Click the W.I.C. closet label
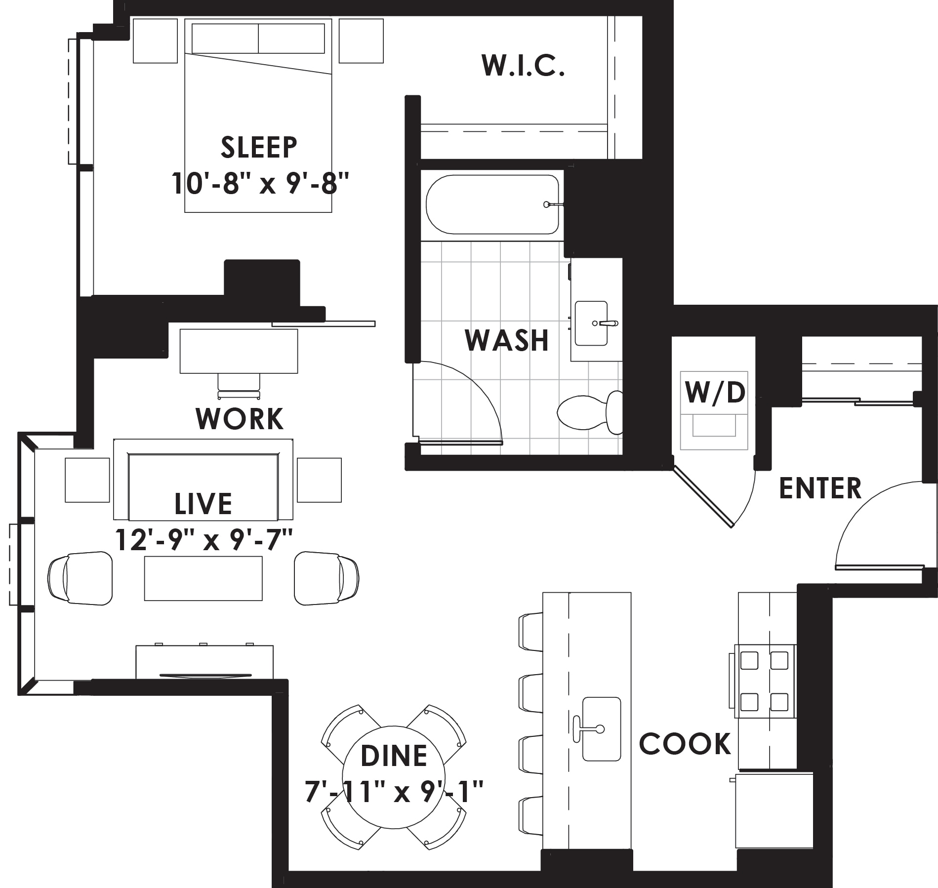[523, 66]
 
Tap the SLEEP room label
[259, 147]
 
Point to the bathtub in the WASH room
[492, 204]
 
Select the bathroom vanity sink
[592, 323]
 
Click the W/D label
[715, 392]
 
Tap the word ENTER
[820, 488]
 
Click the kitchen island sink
[602, 728]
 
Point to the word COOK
[685, 743]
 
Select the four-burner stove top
[764, 681]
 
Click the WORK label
[240, 419]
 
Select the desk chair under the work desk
[239, 386]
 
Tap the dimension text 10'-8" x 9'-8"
[260, 183]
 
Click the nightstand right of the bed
[361, 41]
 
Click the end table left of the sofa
[87, 480]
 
